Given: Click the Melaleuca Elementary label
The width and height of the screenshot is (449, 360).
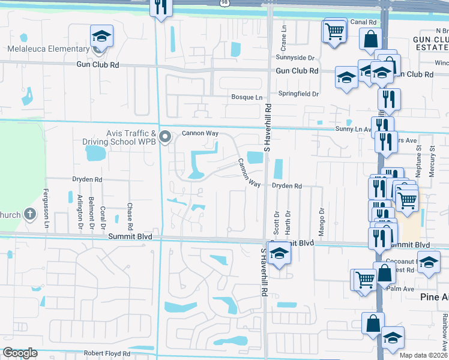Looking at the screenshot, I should (x=49, y=49).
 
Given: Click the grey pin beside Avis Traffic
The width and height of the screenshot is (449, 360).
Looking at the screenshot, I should (x=166, y=137).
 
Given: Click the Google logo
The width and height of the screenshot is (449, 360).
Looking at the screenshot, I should (x=20, y=353).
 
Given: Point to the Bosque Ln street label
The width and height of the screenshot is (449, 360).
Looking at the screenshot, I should (x=247, y=97).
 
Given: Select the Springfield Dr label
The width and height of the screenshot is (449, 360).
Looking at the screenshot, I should (x=298, y=94).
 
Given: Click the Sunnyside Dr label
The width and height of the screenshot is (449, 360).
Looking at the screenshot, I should (x=295, y=58).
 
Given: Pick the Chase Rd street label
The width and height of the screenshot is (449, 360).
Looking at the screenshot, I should (x=130, y=216).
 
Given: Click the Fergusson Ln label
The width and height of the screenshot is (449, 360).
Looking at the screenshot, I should (x=46, y=207).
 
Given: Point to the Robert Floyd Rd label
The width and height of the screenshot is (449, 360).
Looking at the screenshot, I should (x=105, y=353).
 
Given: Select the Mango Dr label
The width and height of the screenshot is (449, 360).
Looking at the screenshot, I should (x=322, y=219).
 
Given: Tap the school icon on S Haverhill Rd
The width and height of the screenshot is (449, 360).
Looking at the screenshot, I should (x=279, y=254).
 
